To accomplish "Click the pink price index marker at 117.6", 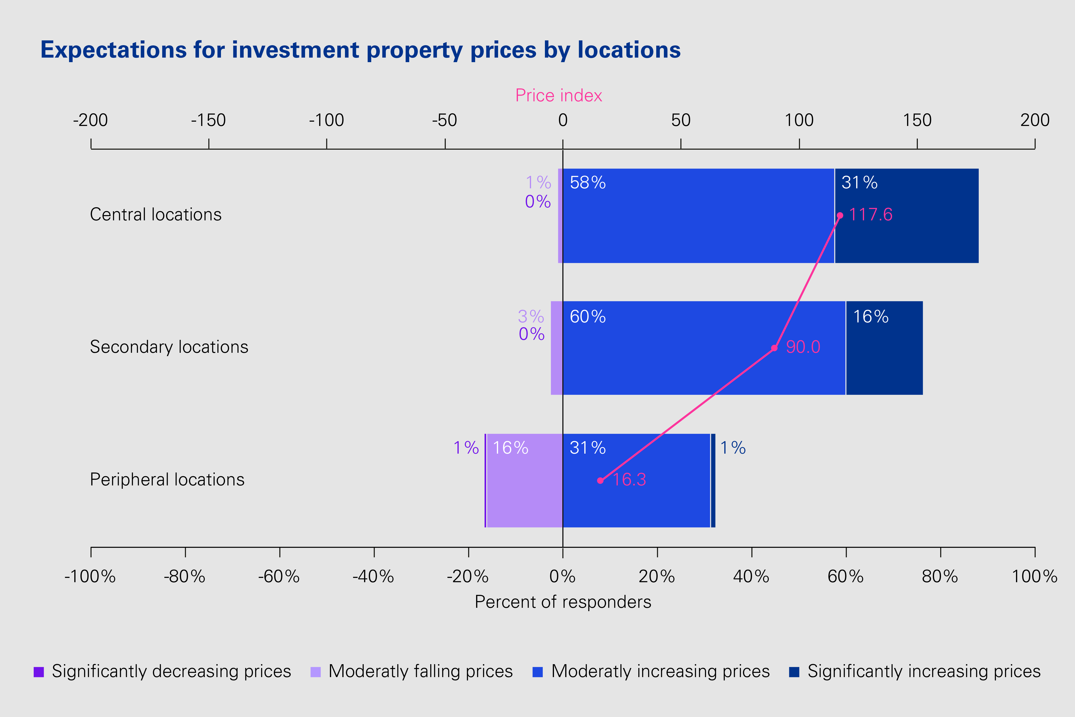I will [x=840, y=215].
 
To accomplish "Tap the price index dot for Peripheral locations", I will [x=600, y=481].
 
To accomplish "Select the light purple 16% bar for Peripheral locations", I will [x=524, y=489].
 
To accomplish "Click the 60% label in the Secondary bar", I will [x=587, y=316].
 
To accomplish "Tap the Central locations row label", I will [x=156, y=214].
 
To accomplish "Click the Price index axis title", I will [x=559, y=96].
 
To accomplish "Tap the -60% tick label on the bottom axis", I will [x=279, y=577].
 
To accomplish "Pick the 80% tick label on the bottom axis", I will [x=940, y=577].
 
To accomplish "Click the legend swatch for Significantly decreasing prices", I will [x=39, y=672].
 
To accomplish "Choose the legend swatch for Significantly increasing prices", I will [x=794, y=672].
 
